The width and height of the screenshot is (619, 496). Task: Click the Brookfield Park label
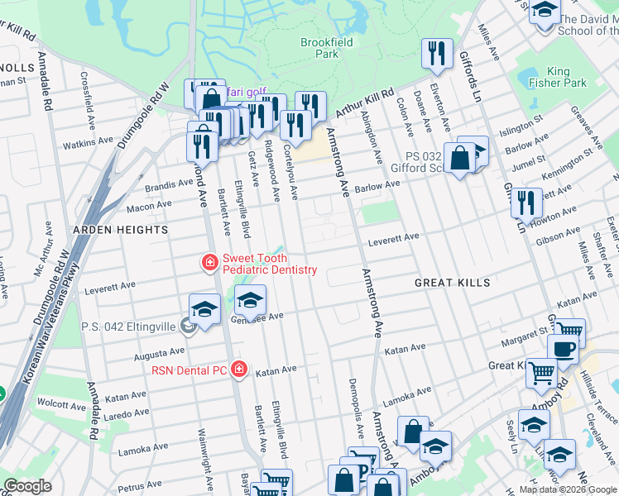pos(319,47)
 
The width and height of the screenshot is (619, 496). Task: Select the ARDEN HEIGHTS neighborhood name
pos(121,229)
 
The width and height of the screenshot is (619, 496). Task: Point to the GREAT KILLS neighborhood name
pos(453,283)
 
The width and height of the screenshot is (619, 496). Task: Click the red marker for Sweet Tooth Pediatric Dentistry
pos(210,263)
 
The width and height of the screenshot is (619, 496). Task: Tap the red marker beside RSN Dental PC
pos(239,369)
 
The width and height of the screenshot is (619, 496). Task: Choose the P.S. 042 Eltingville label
pos(128,327)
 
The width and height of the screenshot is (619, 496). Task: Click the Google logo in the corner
pos(28,486)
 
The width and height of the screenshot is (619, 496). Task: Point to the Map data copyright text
pos(568,489)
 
